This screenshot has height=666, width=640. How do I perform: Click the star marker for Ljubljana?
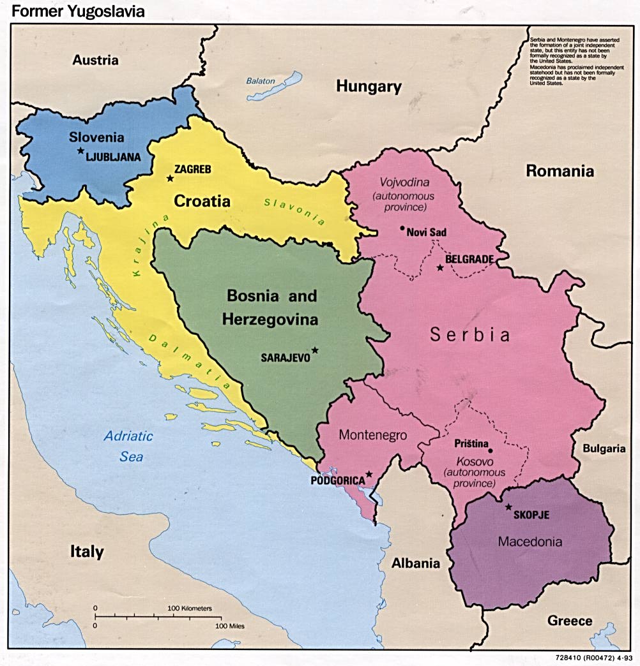pyautogui.click(x=80, y=151)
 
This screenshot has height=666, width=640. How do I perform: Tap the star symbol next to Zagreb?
pyautogui.click(x=169, y=179)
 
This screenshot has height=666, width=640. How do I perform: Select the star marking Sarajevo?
pyautogui.click(x=314, y=350)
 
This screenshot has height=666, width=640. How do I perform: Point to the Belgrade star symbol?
pyautogui.click(x=439, y=267)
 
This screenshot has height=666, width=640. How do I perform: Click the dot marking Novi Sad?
pyautogui.click(x=402, y=228)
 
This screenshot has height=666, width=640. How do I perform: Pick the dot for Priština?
pyautogui.click(x=491, y=450)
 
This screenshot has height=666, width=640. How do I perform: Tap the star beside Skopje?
pyautogui.click(x=508, y=507)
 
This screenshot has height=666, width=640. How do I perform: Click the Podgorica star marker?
pyautogui.click(x=369, y=475)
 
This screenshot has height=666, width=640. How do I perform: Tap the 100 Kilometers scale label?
pyautogui.click(x=190, y=609)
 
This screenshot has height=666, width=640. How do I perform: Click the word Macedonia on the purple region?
pyautogui.click(x=530, y=542)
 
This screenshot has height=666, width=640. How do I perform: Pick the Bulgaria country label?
pyautogui.click(x=604, y=448)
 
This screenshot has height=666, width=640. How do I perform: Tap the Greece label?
pyautogui.click(x=570, y=621)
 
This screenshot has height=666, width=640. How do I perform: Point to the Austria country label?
pyautogui.click(x=95, y=61)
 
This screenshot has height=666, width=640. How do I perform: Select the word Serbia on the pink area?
pyautogui.click(x=470, y=335)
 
